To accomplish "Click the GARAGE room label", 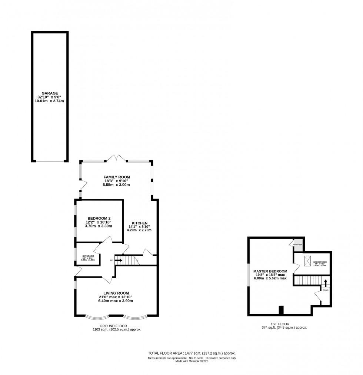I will (x=50, y=93).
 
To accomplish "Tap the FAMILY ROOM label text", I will (x=117, y=177).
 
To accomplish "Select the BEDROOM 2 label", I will (x=99, y=218).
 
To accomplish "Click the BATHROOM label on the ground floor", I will (x=88, y=256).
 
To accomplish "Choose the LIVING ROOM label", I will (x=116, y=293).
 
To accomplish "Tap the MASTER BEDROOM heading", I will (x=270, y=271).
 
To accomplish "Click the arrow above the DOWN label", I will (x=326, y=283).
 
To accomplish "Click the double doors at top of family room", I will (x=117, y=158).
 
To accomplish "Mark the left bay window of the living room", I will (x=97, y=318).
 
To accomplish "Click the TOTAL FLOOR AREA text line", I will (x=192, y=353).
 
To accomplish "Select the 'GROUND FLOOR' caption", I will (x=116, y=326).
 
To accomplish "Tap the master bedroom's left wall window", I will (x=249, y=275).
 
